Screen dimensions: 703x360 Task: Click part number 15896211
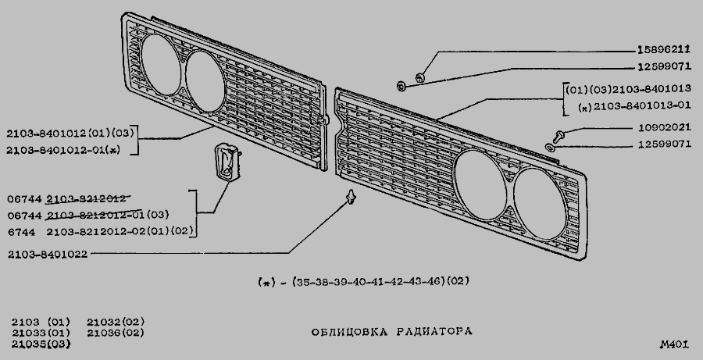pyautogui.click(x=663, y=50)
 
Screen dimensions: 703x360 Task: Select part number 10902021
pyautogui.click(x=665, y=128)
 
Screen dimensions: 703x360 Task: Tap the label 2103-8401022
pyautogui.click(x=48, y=255)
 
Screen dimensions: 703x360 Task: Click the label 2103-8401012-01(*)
pyautogui.click(x=63, y=150)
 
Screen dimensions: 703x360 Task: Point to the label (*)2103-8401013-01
pyautogui.click(x=634, y=106)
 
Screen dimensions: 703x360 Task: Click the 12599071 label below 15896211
pyautogui.click(x=664, y=67)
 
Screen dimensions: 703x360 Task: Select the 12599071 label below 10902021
pyautogui.click(x=665, y=144)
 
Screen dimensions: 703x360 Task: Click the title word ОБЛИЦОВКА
pyautogui.click(x=349, y=332)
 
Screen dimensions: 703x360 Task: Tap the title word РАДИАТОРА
pyautogui.click(x=434, y=332)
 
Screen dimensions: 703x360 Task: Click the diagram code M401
pyautogui.click(x=674, y=344)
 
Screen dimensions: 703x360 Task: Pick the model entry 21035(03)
pyautogui.click(x=41, y=344)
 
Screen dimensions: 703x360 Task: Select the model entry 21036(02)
pyautogui.click(x=116, y=333)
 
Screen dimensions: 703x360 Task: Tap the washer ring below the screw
pyautogui.click(x=550, y=147)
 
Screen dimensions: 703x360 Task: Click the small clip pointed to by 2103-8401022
pyautogui.click(x=351, y=196)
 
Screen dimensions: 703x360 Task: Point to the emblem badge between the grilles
pyautogui.click(x=227, y=162)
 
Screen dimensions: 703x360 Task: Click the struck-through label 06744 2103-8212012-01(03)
pyautogui.click(x=88, y=216)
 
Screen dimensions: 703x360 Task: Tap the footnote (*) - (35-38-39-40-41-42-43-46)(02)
pyautogui.click(x=363, y=282)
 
